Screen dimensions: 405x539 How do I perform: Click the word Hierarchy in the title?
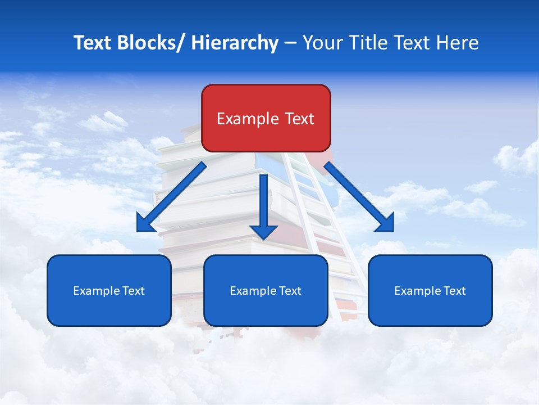click(235, 43)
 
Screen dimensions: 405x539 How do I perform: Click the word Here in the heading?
click(458, 43)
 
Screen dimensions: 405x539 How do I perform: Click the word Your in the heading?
click(324, 43)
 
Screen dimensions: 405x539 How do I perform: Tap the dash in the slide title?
click(290, 43)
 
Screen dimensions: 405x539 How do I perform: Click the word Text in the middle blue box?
click(290, 291)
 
